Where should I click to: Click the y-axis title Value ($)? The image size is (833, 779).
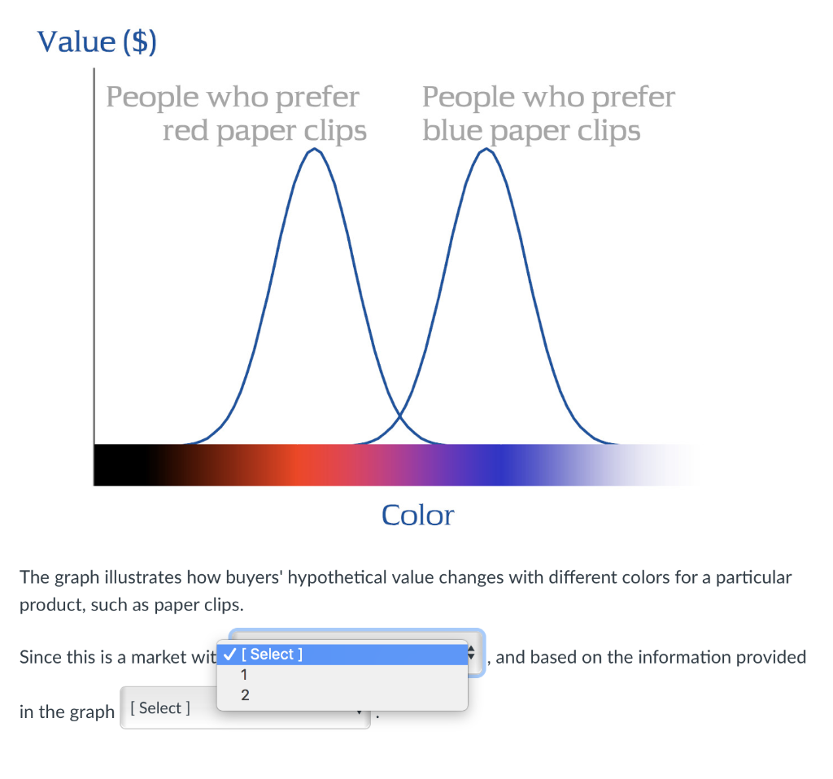[97, 41]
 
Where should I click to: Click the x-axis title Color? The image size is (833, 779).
[418, 515]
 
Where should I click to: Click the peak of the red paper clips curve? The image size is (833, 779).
[315, 150]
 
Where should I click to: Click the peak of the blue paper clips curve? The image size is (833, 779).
[486, 150]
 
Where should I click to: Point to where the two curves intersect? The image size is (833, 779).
[400, 415]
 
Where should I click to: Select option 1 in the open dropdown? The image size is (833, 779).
[244, 675]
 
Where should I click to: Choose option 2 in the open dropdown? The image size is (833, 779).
[245, 695]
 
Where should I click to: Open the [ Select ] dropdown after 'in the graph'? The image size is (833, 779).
[245, 707]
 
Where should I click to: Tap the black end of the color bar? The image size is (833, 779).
[120, 465]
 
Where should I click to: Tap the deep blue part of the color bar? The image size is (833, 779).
[499, 465]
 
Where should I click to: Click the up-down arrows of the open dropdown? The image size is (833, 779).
[471, 653]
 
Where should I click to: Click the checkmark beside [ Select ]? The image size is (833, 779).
[229, 655]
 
